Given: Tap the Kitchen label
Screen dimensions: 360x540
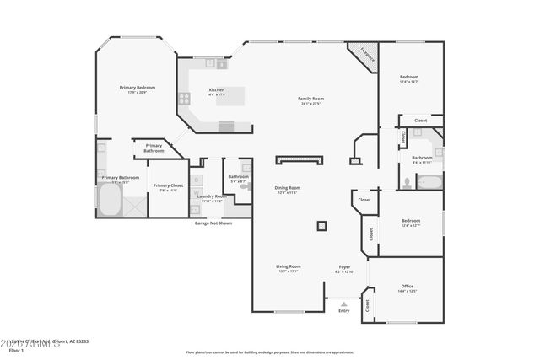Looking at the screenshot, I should pos(217,91).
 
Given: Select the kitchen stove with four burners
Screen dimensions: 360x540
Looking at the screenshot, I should pos(184,98).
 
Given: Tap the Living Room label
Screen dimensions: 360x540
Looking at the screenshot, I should pos(288,268).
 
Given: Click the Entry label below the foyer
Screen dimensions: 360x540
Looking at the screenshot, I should pos(343,311).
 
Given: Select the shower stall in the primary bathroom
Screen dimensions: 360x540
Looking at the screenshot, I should pos(135,205).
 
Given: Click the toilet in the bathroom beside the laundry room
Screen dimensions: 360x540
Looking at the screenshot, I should pos(246,186).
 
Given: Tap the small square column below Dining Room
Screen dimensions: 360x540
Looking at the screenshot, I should pos(321,225).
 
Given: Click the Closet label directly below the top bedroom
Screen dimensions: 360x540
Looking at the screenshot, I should pos(420,121).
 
